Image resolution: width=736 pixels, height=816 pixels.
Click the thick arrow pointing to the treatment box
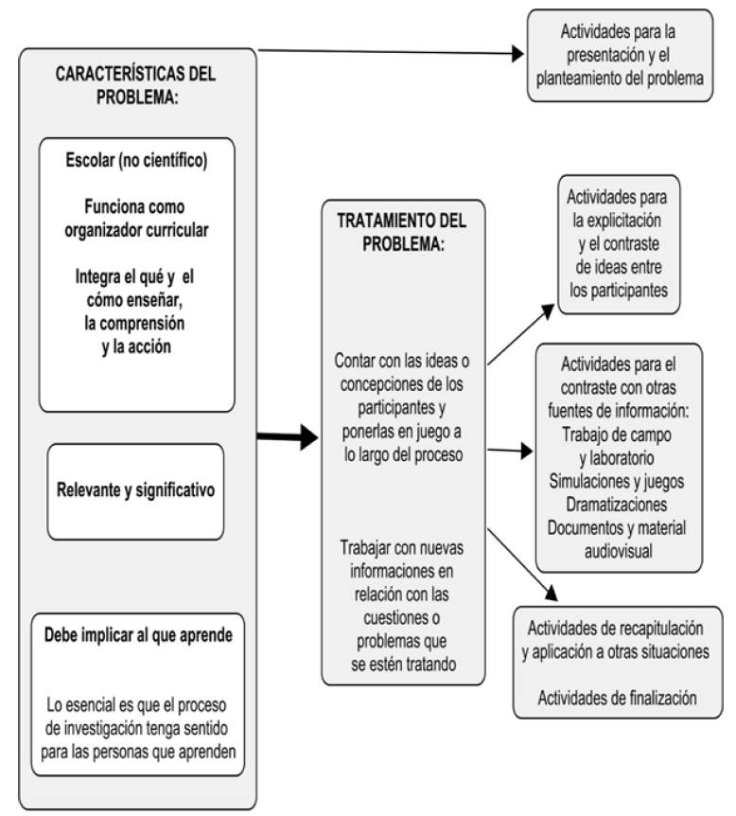point(289,437)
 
